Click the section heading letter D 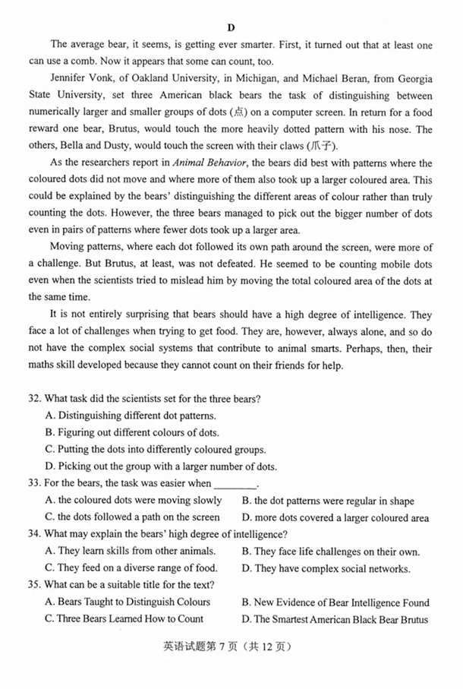tap(230, 28)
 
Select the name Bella tap(77, 147)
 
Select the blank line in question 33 tap(235, 484)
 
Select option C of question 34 tap(131, 568)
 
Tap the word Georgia tap(412, 79)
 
